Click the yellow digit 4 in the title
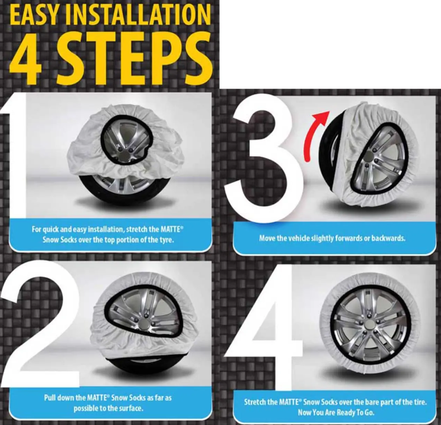tap(26, 59)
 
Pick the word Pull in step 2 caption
tap(50, 398)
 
